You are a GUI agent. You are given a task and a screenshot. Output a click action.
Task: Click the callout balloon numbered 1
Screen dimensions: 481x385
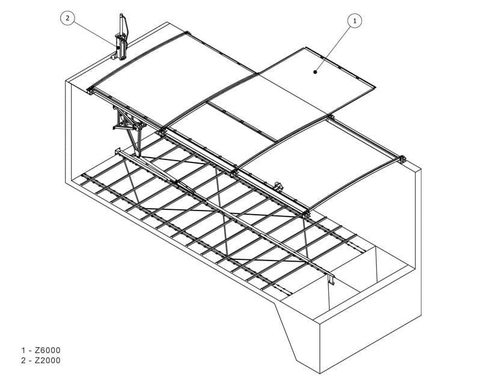(x=355, y=21)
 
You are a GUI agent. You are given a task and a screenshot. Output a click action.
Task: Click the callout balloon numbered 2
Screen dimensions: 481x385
(x=67, y=18)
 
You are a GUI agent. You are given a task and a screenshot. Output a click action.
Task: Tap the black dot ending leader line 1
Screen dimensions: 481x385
(x=315, y=72)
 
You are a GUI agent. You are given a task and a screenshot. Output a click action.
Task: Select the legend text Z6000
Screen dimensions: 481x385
(x=47, y=350)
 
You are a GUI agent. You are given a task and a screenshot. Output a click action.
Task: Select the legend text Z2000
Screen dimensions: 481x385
(x=47, y=360)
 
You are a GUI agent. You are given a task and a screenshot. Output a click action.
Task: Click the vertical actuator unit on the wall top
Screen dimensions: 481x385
(x=121, y=38)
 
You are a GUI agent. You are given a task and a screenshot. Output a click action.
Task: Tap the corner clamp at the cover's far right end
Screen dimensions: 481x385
(x=402, y=159)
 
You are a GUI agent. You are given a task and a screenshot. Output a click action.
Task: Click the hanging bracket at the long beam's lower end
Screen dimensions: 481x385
(x=331, y=278)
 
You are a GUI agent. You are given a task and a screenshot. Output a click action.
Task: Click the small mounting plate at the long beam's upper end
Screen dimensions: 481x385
(x=117, y=152)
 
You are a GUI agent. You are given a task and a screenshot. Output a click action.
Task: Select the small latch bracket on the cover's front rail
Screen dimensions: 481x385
(x=278, y=186)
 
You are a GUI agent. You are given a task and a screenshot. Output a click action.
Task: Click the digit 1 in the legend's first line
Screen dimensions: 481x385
(x=23, y=350)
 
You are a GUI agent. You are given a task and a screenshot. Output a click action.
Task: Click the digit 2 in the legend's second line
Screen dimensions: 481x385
(x=23, y=360)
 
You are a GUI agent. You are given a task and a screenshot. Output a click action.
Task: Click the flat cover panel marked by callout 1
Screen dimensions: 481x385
(x=316, y=81)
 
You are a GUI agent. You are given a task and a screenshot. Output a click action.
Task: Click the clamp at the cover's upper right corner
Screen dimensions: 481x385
(x=330, y=117)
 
